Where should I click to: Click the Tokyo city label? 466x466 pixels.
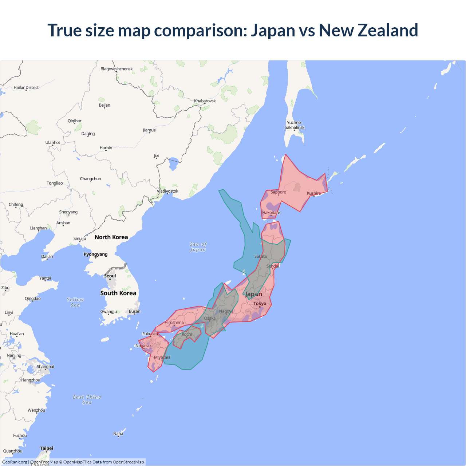tap(260, 303)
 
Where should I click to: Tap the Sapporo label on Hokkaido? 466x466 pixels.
tap(278, 192)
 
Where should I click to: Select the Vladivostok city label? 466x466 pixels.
tap(167, 191)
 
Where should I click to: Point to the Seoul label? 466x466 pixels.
tap(110, 276)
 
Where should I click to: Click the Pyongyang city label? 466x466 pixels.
tap(95, 254)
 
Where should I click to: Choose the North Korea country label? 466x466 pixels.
tap(111, 237)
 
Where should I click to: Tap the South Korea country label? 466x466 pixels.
tap(118, 293)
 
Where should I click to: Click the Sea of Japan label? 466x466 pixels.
tap(198, 247)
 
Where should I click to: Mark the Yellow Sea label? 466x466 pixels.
tap(75, 302)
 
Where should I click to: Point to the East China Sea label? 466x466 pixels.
tap(87, 399)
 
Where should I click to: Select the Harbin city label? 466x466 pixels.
tap(106, 147)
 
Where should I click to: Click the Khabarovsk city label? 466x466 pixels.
tap(205, 101)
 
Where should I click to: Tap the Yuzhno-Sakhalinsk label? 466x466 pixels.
tap(295, 125)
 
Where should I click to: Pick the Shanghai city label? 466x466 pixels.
tap(46, 366)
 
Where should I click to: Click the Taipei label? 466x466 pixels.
tap(47, 448)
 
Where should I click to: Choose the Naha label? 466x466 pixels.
tap(118, 434)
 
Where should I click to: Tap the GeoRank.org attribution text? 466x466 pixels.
tap(15, 462)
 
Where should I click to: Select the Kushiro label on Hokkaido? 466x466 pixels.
tap(314, 193)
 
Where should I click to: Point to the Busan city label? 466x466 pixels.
tap(134, 311)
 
